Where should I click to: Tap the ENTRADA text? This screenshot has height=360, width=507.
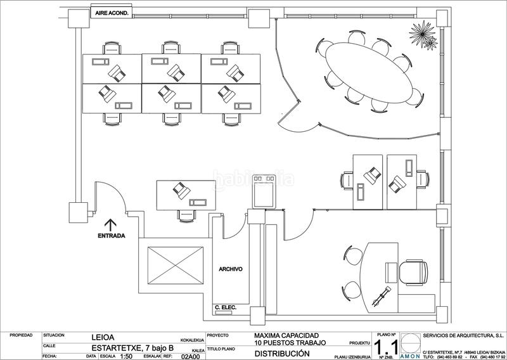[x=111, y=236]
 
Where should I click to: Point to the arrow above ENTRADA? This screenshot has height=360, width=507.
[x=110, y=223]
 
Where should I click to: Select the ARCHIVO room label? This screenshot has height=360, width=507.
[x=231, y=269]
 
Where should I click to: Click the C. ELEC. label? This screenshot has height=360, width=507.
[x=226, y=308]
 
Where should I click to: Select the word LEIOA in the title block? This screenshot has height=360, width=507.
[x=103, y=337]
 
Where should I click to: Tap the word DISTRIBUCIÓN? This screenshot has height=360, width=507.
[x=282, y=354]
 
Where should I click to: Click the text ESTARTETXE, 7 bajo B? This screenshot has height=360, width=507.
[x=130, y=347]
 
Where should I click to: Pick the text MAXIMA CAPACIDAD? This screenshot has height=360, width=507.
[x=286, y=335]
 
